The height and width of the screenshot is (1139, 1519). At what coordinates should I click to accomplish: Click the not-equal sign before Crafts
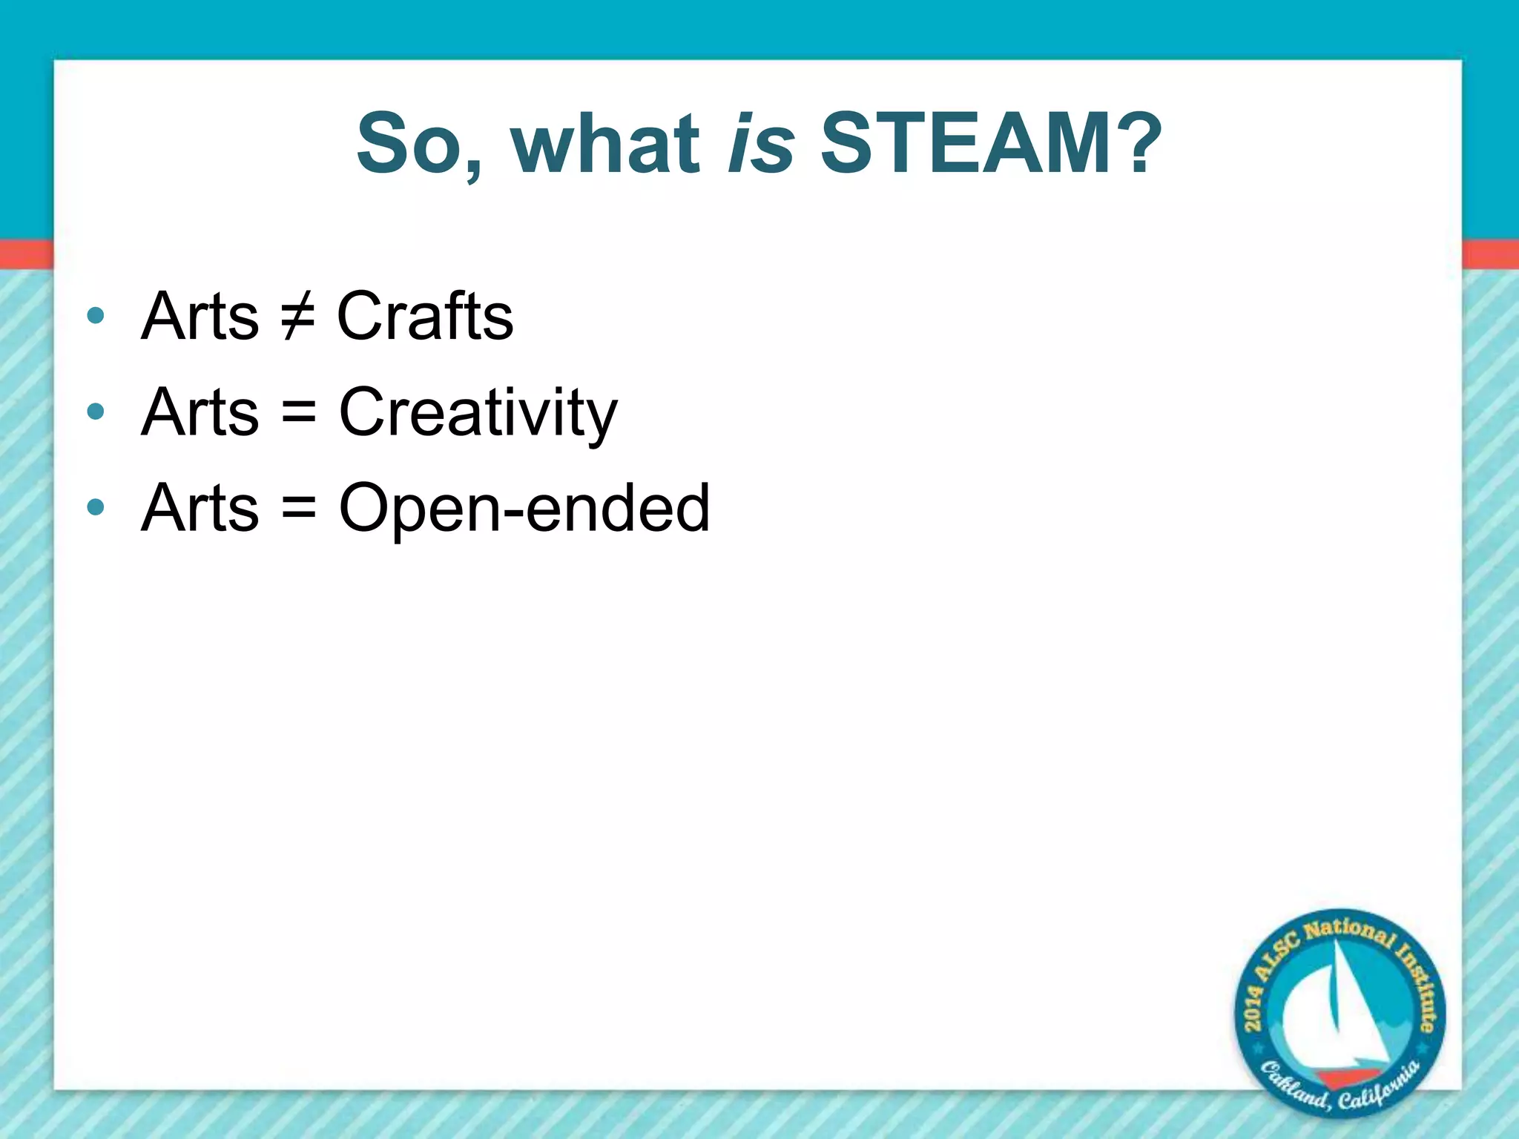(x=298, y=317)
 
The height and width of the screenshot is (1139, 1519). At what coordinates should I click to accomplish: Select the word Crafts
(x=425, y=317)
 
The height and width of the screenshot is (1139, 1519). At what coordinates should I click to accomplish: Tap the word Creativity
(x=478, y=413)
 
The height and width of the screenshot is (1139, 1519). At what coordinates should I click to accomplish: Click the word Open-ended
(x=524, y=509)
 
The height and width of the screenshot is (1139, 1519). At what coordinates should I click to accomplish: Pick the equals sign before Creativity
(x=299, y=413)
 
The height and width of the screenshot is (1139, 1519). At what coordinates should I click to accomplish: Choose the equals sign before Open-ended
(x=299, y=509)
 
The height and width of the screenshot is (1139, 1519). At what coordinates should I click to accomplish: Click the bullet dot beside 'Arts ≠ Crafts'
(x=96, y=316)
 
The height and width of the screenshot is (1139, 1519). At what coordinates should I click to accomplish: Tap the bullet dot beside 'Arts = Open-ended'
(x=96, y=508)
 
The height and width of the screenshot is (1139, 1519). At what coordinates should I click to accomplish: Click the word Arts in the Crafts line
(x=200, y=317)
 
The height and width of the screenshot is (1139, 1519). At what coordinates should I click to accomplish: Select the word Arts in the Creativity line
(x=200, y=413)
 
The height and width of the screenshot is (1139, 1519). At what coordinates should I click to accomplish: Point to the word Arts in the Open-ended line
(x=200, y=509)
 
